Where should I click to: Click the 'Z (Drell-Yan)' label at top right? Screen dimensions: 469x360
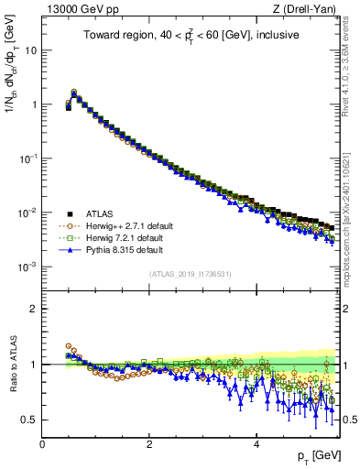(x=310, y=10)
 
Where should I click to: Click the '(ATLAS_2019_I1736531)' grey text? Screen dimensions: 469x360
(x=191, y=274)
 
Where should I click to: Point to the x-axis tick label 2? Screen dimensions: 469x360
(x=149, y=443)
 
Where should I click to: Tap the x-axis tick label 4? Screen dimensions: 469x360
(x=256, y=443)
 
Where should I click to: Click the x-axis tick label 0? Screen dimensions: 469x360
(x=42, y=443)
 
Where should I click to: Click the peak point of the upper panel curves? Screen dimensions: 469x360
(x=74, y=92)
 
